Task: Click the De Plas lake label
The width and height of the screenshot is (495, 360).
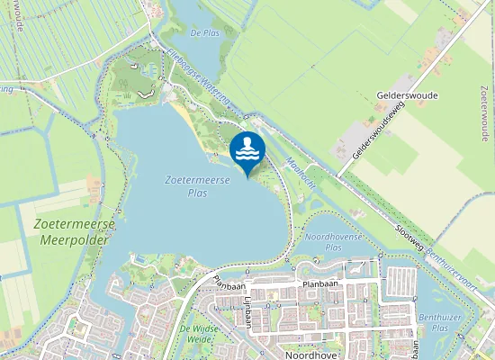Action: coord(205,33)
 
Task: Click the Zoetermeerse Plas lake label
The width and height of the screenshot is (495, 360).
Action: coord(198,186)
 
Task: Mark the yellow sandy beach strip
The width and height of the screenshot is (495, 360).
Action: coord(184,114)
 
